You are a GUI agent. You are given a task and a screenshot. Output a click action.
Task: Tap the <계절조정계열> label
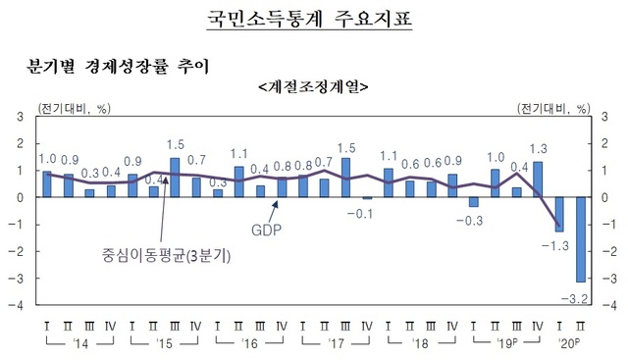[x=312, y=85]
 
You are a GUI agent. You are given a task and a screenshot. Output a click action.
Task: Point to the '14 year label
[x=78, y=343]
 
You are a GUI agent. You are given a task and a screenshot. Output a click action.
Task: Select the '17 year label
[x=334, y=343]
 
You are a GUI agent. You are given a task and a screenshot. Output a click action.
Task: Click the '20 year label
[x=570, y=343]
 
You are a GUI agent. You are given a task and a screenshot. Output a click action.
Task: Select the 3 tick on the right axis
[x=610, y=116]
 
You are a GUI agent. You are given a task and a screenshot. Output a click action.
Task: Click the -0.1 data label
[x=365, y=213]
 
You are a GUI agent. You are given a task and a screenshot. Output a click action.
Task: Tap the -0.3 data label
[x=473, y=220]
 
